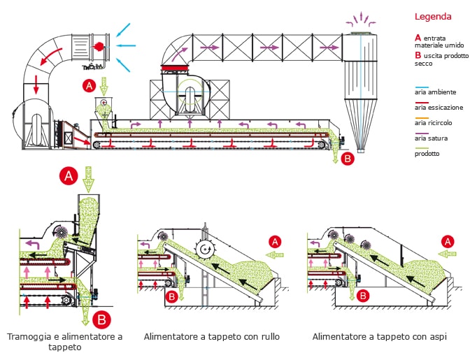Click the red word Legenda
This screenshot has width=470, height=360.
pos(433,16)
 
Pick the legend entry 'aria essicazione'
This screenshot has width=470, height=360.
pos(438,108)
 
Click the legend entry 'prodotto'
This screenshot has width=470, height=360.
pos(427,154)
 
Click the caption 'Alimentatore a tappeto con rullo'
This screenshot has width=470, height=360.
pos(212,337)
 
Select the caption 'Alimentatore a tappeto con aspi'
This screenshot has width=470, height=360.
pos(380,337)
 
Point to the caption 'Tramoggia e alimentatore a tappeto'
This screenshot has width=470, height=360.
pos(64,341)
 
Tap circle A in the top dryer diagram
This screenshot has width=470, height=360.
pos(89,87)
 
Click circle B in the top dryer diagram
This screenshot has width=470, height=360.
pos(348,158)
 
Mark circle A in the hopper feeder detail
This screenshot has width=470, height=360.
pos(69,176)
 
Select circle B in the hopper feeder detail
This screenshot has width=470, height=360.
pos(102,321)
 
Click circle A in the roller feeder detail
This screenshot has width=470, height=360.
pos(275,241)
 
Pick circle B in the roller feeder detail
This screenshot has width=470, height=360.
pos(171,296)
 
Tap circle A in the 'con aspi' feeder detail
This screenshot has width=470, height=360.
pos(447,241)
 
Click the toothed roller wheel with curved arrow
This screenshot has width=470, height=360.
pos(205,248)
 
